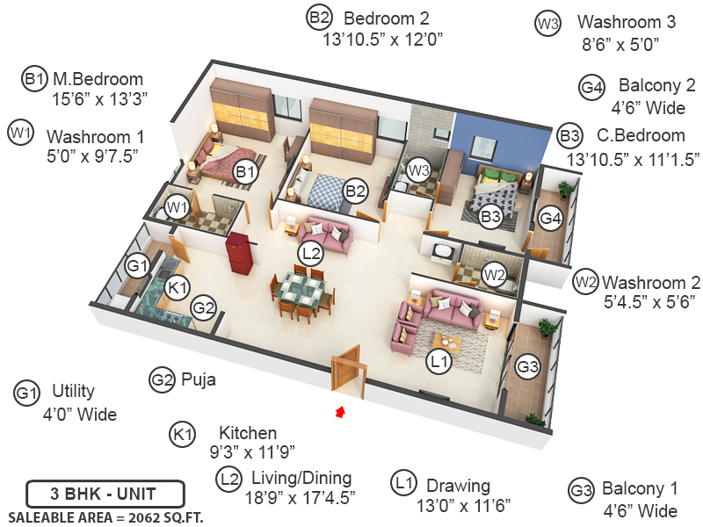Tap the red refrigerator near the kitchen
click(240, 253)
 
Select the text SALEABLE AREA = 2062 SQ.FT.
click(105, 516)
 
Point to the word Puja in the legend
click(198, 380)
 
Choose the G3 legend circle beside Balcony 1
click(581, 489)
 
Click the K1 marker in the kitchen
click(178, 286)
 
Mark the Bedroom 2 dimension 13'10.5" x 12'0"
click(382, 39)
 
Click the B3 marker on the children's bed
click(490, 216)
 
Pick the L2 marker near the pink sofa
click(310, 253)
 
